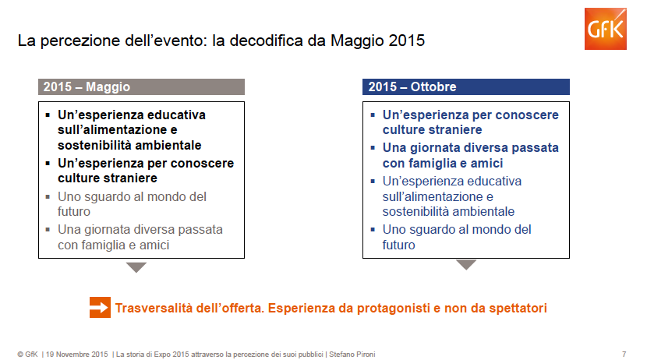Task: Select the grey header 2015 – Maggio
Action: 141,87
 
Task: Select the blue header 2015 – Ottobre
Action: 465,87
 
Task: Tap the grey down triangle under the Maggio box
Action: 136,267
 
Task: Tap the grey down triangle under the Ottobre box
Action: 466,265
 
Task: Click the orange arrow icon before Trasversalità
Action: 100,307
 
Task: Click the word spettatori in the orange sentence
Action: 515,308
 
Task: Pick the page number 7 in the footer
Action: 624,355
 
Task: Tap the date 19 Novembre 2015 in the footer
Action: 76,355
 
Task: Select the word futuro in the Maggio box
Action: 74,211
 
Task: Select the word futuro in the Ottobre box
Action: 398,245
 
